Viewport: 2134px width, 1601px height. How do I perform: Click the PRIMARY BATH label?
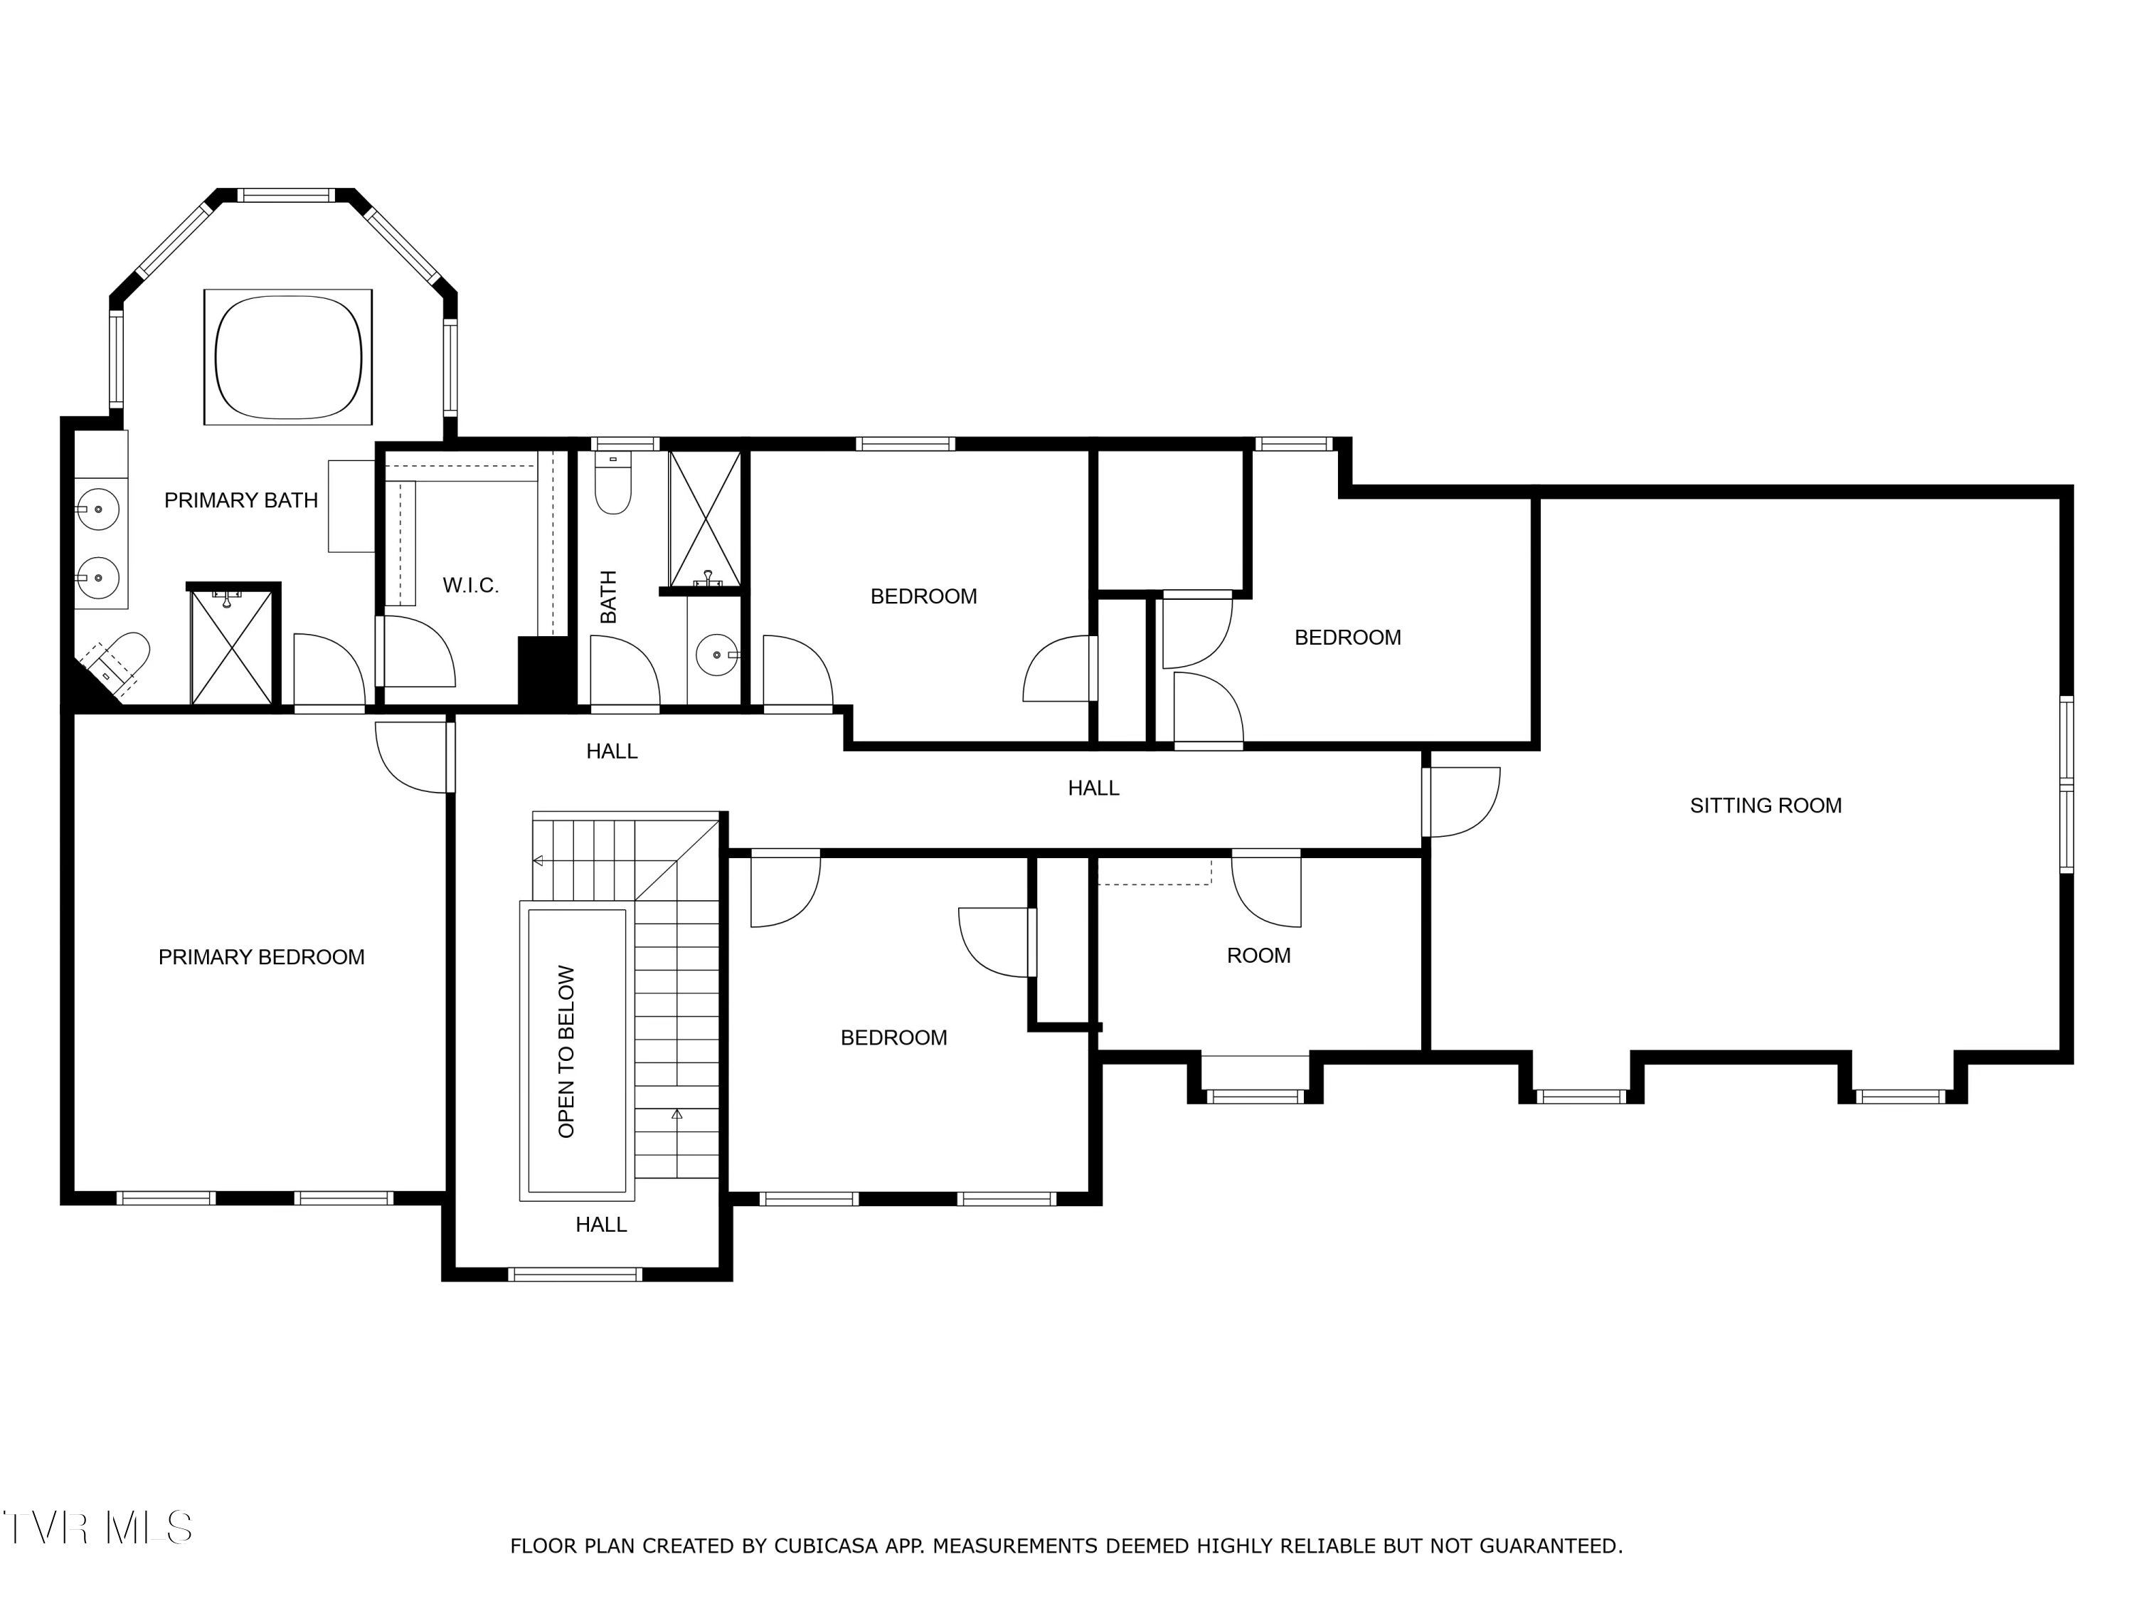pyautogui.click(x=240, y=500)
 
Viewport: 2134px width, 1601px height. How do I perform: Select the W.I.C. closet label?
pyautogui.click(x=471, y=585)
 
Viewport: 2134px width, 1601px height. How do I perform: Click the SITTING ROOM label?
pyautogui.click(x=1766, y=805)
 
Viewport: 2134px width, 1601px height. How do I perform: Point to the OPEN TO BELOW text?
pyautogui.click(x=566, y=1051)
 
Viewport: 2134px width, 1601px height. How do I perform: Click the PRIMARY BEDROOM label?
pyautogui.click(x=262, y=956)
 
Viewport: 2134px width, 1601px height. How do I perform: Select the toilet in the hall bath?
pyautogui.click(x=612, y=482)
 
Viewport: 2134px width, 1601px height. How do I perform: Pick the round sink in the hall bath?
pyautogui.click(x=717, y=655)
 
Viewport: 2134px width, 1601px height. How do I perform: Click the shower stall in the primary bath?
pyautogui.click(x=231, y=647)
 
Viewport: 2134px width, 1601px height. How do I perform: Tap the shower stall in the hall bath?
pyautogui.click(x=705, y=518)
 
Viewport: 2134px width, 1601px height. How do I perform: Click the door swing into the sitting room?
pyautogui.click(x=1462, y=801)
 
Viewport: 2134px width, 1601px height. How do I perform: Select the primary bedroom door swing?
pyautogui.click(x=413, y=758)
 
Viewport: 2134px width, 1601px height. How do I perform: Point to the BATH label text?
pyautogui.click(x=607, y=596)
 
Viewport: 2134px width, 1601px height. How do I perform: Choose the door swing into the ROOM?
pyautogui.click(x=1265, y=888)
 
